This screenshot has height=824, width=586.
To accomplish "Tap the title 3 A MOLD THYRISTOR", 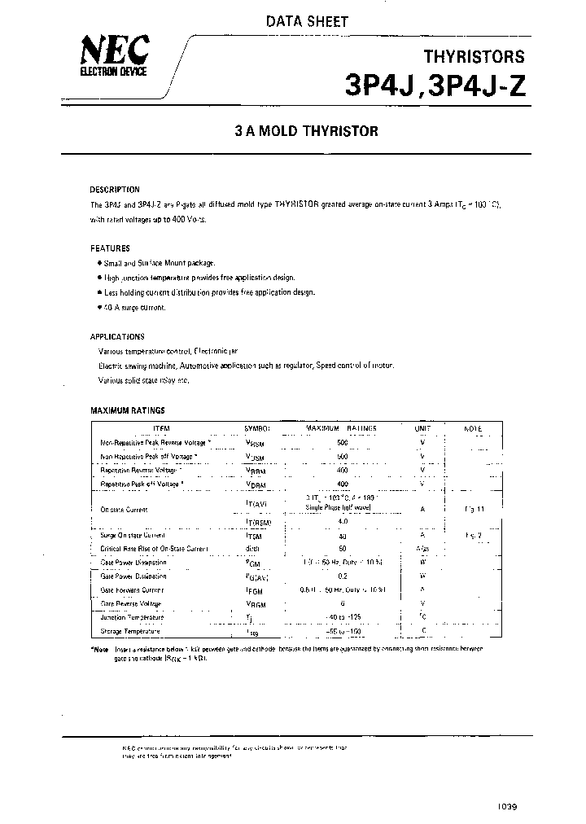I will click(306, 131).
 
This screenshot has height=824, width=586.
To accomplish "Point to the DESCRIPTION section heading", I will click(115, 189).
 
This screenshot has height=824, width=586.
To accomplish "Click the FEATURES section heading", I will click(110, 248).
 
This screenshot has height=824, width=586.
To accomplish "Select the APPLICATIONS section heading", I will click(117, 335).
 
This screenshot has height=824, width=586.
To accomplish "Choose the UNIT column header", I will click(422, 428).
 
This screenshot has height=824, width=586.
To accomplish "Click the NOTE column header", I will click(473, 428).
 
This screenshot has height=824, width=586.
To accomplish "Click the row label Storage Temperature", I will click(129, 630).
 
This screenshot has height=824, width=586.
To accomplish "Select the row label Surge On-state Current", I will click(133, 535).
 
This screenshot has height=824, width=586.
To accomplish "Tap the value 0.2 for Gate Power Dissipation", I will click(342, 576).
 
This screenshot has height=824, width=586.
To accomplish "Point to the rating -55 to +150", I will click(342, 630).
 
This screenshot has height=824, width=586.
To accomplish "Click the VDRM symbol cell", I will click(256, 484).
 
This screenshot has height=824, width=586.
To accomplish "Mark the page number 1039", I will click(507, 806).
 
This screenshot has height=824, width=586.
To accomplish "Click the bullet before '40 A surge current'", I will click(98, 307).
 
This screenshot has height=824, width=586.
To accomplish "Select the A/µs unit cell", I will click(422, 548).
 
